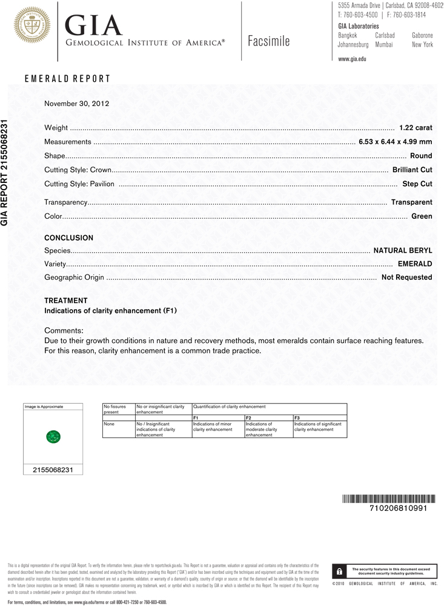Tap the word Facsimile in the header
[269, 41]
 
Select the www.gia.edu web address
[352, 59]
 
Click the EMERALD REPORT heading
[67, 79]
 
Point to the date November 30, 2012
[76, 104]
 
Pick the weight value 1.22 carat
[416, 128]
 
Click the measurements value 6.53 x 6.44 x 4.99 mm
[395, 142]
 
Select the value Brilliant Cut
[412, 170]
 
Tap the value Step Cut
[417, 184]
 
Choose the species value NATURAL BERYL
[402, 250]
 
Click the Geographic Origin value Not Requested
[406, 278]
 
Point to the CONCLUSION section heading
[68, 238]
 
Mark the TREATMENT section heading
[66, 301]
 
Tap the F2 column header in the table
[248, 418]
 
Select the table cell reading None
[109, 424]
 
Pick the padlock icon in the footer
[339, 571]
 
